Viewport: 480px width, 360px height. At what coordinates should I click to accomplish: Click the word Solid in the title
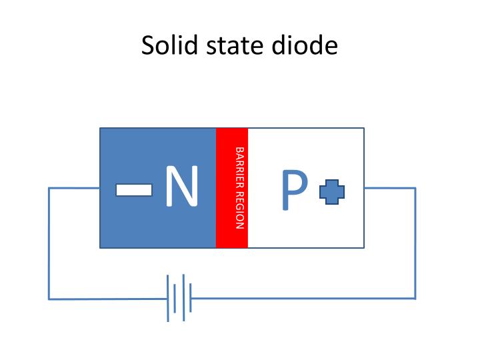tap(165, 46)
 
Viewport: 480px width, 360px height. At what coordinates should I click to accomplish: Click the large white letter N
tap(182, 187)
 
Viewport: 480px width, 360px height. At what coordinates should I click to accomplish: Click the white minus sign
tap(133, 190)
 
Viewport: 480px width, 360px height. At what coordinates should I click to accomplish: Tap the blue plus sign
tap(332, 193)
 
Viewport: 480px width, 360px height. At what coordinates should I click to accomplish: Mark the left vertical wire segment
tap(49, 243)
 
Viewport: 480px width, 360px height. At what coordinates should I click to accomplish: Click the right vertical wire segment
tap(415, 243)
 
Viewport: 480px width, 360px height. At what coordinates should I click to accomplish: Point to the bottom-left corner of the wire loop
tap(49, 299)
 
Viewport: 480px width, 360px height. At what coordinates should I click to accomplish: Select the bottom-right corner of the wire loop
tap(415, 298)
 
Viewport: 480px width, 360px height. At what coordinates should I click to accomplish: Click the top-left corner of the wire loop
tap(49, 188)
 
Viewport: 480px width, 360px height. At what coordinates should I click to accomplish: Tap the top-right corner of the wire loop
tap(415, 188)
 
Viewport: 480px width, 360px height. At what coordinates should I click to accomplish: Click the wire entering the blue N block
tap(74, 188)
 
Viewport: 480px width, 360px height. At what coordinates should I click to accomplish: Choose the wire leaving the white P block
tap(390, 188)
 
